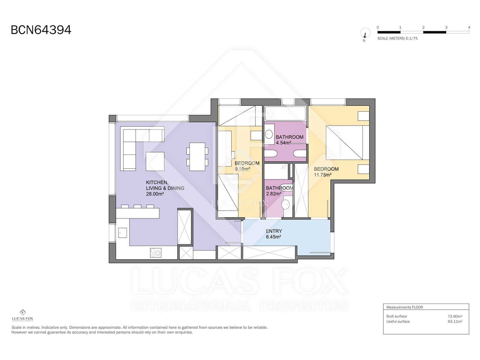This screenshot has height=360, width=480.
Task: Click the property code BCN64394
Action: [41, 30]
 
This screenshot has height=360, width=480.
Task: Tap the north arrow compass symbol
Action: [364, 33]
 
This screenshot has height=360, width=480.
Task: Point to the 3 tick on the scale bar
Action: [446, 27]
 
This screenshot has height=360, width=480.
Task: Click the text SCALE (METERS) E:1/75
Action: [397, 38]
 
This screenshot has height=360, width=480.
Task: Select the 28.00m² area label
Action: [155, 194]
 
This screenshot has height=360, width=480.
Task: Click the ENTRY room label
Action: [274, 231]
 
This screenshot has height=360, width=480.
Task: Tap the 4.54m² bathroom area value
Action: [283, 143]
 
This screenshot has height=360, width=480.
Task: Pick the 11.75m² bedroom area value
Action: [322, 175]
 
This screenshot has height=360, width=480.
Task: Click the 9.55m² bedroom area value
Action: [242, 169]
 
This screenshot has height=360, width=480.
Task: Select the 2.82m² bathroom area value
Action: [273, 194]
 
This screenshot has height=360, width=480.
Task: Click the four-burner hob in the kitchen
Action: [156, 253]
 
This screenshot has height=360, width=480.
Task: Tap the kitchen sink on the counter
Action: [122, 232]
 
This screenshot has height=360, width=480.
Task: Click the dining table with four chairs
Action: [197, 157]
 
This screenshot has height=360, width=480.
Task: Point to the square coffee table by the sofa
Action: [155, 161]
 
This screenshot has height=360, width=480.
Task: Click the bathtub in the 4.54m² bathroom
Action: [285, 113]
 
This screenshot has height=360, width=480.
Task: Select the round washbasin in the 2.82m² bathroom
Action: [286, 205]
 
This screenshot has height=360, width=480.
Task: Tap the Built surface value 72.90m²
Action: [455, 316]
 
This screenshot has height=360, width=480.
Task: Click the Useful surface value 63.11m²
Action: [455, 321]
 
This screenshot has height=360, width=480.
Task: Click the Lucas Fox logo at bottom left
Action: [22, 315]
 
